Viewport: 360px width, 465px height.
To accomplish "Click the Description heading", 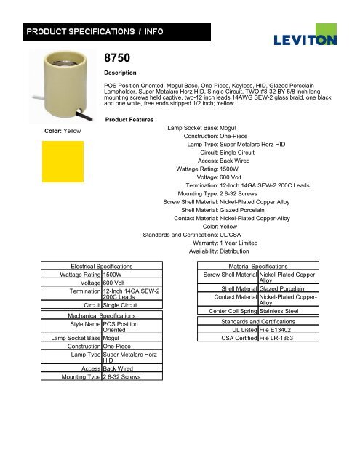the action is [x=121, y=73].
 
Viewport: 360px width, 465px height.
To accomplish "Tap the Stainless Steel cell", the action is [x=284, y=311].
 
